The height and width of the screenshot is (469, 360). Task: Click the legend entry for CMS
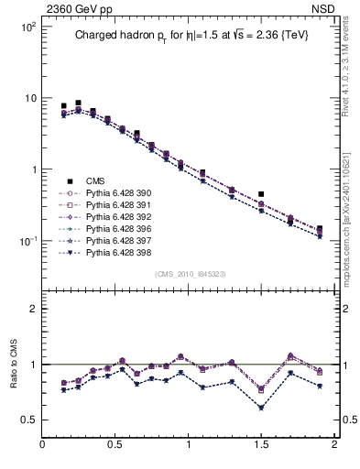point(93,180)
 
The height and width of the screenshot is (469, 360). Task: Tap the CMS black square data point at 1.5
point(261,194)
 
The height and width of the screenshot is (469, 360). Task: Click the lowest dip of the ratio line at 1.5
point(261,408)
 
